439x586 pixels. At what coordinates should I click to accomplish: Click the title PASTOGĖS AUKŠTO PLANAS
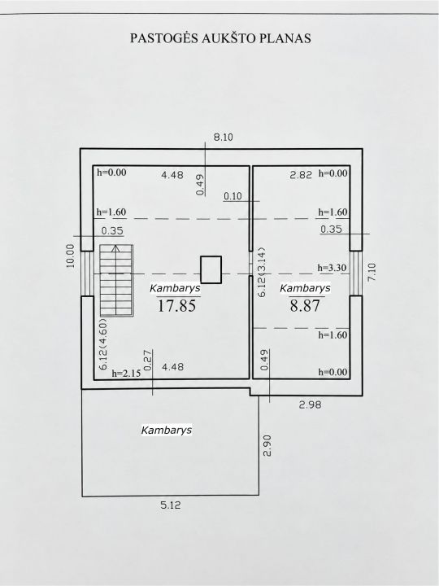click(x=220, y=38)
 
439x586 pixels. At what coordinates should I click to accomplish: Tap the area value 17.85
click(x=176, y=306)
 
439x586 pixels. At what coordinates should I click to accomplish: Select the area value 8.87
click(x=305, y=306)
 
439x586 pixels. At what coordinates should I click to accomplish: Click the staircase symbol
click(x=116, y=280)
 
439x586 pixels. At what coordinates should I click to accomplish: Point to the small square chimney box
click(x=211, y=269)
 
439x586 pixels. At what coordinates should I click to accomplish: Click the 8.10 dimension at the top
click(x=224, y=138)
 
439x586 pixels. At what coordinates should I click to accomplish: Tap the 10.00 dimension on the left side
click(x=71, y=256)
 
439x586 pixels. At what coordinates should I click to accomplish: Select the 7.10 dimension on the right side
click(x=372, y=272)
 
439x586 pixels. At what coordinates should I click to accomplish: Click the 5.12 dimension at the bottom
click(x=171, y=505)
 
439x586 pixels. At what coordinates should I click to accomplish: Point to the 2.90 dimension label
click(x=267, y=445)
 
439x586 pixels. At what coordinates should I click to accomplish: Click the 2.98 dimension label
click(x=311, y=405)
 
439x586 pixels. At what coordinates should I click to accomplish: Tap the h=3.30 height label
click(x=332, y=268)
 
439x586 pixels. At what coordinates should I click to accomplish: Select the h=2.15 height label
click(x=127, y=373)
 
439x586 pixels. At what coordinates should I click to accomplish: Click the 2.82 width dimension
click(x=301, y=174)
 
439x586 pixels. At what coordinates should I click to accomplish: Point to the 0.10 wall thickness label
click(x=233, y=196)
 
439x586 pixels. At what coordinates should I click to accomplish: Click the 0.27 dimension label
click(x=148, y=360)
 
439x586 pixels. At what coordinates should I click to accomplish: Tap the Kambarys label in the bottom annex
click(x=167, y=430)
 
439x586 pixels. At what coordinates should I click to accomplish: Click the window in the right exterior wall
click(x=356, y=273)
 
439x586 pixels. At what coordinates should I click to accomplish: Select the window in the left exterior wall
click(x=87, y=273)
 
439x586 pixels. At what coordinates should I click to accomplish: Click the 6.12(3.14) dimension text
click(x=262, y=272)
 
